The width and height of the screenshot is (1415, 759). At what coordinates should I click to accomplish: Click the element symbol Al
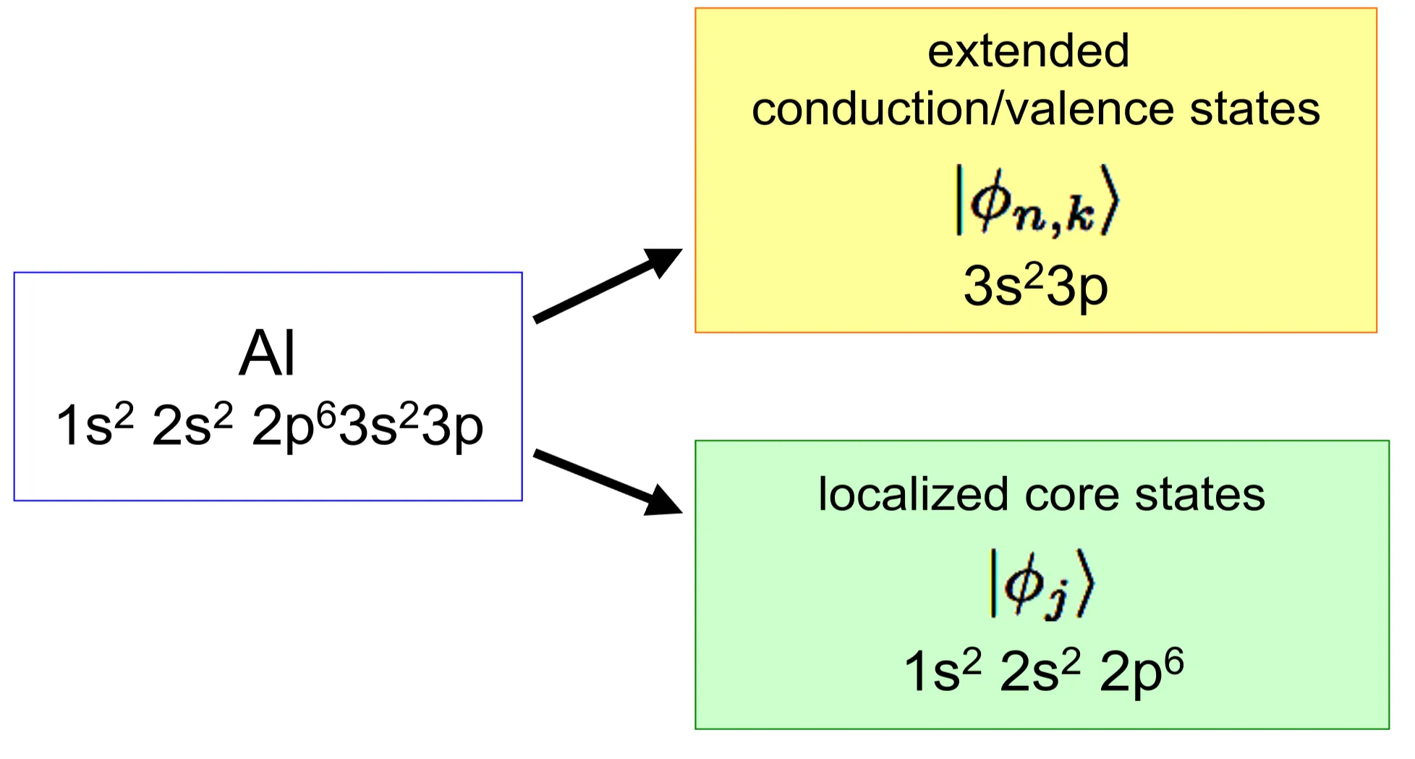(x=267, y=354)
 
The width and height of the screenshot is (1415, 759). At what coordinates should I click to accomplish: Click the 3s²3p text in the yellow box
(x=1035, y=287)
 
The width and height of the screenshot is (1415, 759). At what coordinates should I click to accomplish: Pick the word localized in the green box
(x=913, y=495)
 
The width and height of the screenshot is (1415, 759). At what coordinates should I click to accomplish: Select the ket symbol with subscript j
(x=1041, y=584)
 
